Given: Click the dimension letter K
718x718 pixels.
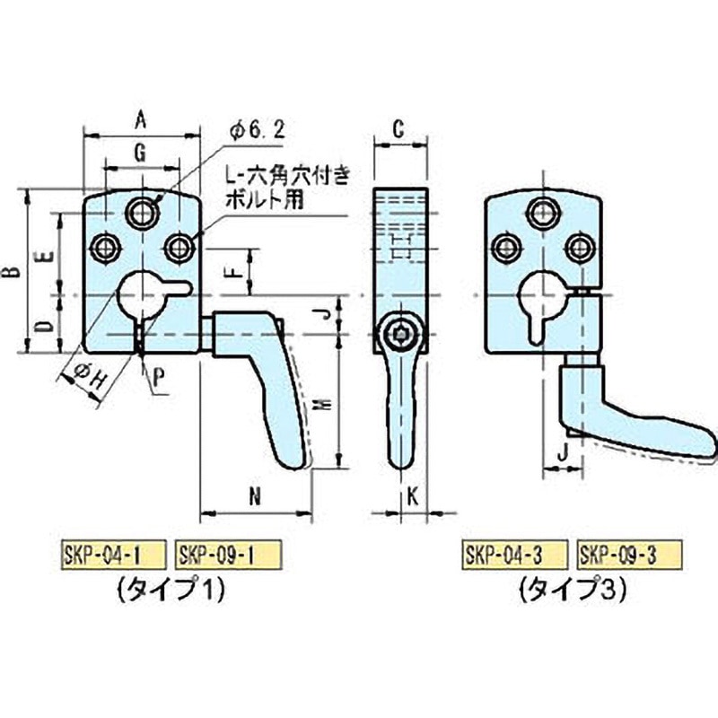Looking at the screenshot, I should pyautogui.click(x=411, y=495).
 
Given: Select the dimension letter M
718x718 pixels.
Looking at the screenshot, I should pyautogui.click(x=324, y=406).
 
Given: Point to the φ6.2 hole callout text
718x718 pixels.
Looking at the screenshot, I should pyautogui.click(x=258, y=131).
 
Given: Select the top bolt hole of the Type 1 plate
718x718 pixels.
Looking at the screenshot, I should pyautogui.click(x=141, y=212).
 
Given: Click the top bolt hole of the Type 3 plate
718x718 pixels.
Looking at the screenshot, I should pyautogui.click(x=540, y=212).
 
